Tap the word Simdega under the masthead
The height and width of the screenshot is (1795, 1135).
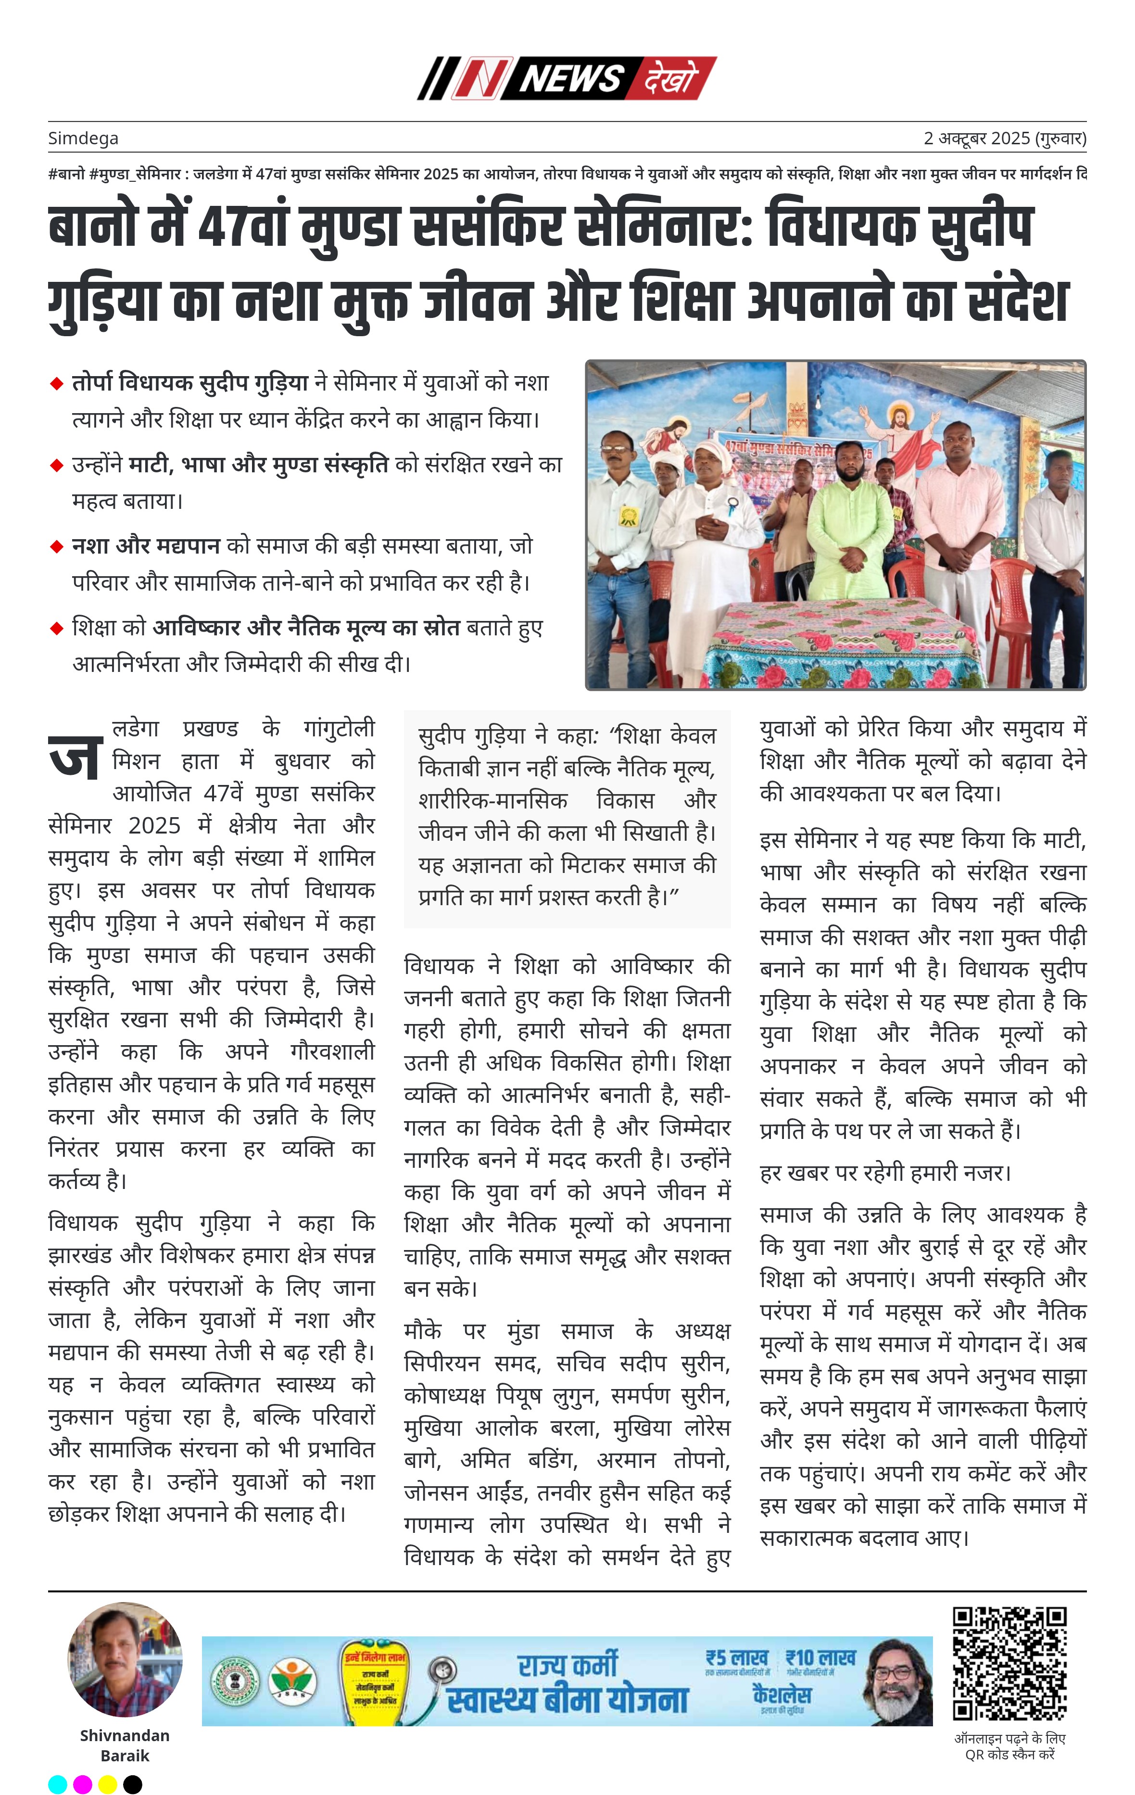pyautogui.click(x=83, y=139)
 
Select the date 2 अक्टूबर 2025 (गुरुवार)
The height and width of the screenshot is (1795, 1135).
pyautogui.click(x=1005, y=139)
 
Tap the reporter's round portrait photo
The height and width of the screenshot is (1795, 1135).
pyautogui.click(x=125, y=1660)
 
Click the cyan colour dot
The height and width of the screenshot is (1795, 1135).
pyautogui.click(x=57, y=1784)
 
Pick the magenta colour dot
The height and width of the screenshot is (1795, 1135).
pyautogui.click(x=83, y=1784)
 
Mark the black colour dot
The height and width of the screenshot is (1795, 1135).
pyautogui.click(x=133, y=1784)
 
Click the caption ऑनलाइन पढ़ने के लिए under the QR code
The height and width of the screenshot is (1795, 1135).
pyautogui.click(x=1010, y=1738)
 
